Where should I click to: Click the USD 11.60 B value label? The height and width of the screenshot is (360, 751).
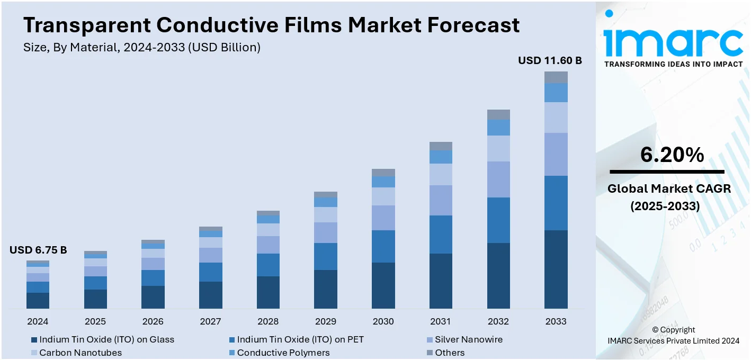(x=550, y=61)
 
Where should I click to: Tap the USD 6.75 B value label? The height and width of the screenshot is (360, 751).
(x=38, y=250)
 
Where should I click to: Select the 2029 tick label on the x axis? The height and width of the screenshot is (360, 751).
(x=325, y=321)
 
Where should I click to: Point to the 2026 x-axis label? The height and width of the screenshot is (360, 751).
(x=153, y=321)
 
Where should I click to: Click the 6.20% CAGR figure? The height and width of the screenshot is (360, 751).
(x=672, y=155)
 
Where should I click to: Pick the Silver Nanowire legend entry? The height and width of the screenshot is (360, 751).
(x=468, y=339)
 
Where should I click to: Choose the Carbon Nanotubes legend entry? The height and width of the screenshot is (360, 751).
(x=81, y=353)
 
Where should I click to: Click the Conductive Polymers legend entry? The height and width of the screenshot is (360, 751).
(x=283, y=353)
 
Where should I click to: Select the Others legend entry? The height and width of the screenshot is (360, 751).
(x=450, y=353)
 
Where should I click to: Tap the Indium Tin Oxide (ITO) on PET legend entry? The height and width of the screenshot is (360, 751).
(x=300, y=339)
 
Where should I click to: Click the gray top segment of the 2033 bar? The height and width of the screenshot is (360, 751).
(x=556, y=77)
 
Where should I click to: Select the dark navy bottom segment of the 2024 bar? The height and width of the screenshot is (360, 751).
(x=38, y=300)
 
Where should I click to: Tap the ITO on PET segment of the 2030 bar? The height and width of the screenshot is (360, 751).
(x=383, y=246)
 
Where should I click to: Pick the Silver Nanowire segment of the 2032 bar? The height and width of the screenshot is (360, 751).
(x=498, y=179)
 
